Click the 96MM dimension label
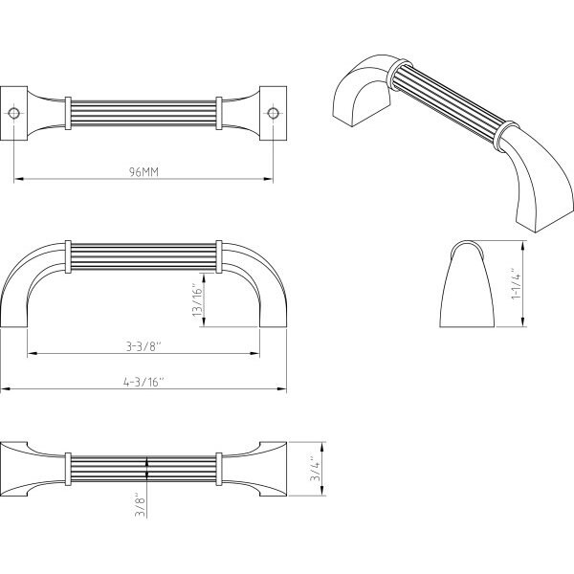pos(143,171)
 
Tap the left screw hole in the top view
pos(14,113)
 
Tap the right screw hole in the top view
pos(273,113)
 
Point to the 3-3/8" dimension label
pos(143,346)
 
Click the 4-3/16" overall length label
pos(143,382)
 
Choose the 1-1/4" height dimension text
pos(516,284)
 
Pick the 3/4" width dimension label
pos(315,468)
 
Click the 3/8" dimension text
pos(141,504)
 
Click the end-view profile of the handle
pos(467,284)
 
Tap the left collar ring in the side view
pos(68,256)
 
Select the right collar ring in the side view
pos(219,256)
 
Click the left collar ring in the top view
pos(68,113)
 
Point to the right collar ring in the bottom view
pos(219,470)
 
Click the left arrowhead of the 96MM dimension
pos(18,179)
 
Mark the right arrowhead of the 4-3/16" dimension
pos(282,389)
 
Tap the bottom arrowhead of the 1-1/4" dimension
pos(523,322)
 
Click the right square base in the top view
pos(273,113)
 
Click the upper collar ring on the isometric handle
pos(399,75)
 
